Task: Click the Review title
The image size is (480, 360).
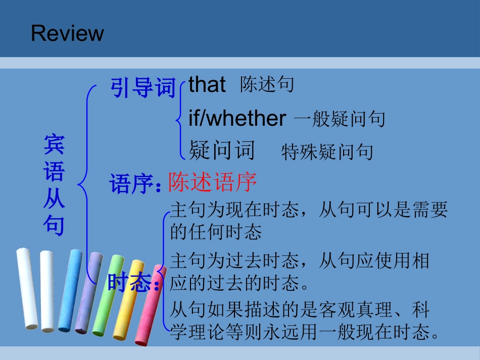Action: pos(67,33)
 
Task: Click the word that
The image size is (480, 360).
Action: pos(207,85)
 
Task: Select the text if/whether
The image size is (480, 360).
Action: pos(237,119)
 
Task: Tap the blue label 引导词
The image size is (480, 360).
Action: pos(143,88)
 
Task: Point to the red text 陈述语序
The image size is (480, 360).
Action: pos(212,182)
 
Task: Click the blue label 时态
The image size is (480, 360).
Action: pos(130,283)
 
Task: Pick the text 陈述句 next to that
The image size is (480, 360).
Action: pos(267,85)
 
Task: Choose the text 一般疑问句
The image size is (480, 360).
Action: pos(339,120)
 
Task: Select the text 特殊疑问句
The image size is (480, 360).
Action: pos(327,151)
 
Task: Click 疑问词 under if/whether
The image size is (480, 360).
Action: pos(222,150)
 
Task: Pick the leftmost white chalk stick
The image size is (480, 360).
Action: pos(27,288)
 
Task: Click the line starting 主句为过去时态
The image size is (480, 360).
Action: pos(299,262)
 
